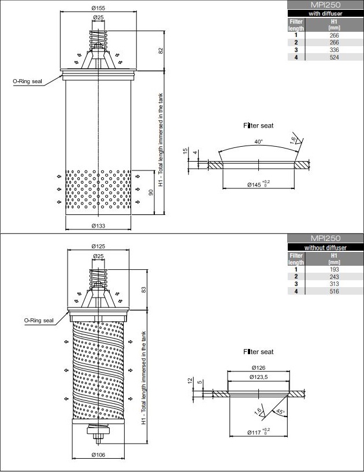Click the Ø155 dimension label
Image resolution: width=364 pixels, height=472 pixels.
(98, 8)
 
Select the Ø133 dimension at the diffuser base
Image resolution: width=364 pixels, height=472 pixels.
(98, 226)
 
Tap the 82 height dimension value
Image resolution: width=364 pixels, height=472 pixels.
(161, 51)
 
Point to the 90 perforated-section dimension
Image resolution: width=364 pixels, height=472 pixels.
(151, 192)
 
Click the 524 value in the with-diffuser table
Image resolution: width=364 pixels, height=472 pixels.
(334, 57)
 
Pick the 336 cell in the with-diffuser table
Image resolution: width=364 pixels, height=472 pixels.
(334, 50)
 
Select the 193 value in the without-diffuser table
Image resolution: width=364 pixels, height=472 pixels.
(334, 269)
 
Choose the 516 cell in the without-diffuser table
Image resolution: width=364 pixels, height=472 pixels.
(334, 291)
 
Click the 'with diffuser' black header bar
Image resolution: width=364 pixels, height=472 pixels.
(325, 13)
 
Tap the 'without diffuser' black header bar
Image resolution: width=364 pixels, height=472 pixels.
(325, 248)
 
